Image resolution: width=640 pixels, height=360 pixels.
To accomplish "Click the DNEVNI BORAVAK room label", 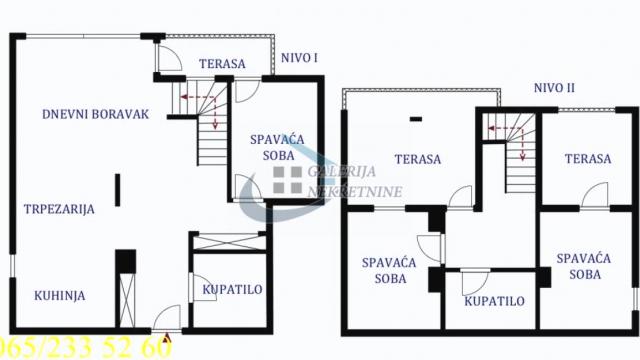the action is point(96,114).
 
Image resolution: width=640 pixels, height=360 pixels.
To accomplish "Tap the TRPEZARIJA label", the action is point(60,209).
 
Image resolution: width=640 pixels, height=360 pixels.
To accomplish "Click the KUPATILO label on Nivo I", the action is point(232,290).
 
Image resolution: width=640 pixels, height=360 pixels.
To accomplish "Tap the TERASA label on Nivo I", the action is point(222,64).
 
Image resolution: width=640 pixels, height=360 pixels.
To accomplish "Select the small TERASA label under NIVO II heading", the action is point(587,159).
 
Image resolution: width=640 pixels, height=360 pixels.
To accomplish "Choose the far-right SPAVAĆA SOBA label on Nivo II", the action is point(585,265).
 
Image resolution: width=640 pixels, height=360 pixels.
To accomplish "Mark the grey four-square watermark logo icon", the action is point(288,181).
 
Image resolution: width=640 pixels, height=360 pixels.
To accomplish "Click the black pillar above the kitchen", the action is point(125,261).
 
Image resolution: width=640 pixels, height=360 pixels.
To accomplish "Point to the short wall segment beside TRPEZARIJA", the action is point(116,189).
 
